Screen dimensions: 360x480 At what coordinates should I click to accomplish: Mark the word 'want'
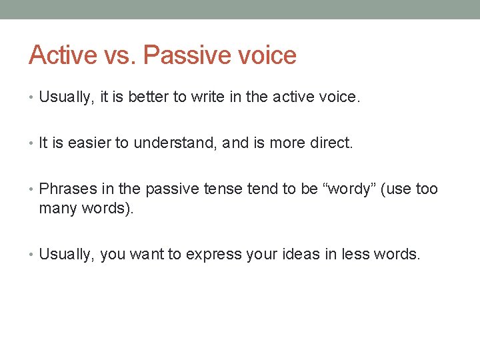(x=147, y=253)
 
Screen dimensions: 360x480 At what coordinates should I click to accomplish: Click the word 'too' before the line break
(x=427, y=189)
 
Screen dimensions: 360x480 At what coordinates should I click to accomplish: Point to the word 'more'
(x=288, y=143)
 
